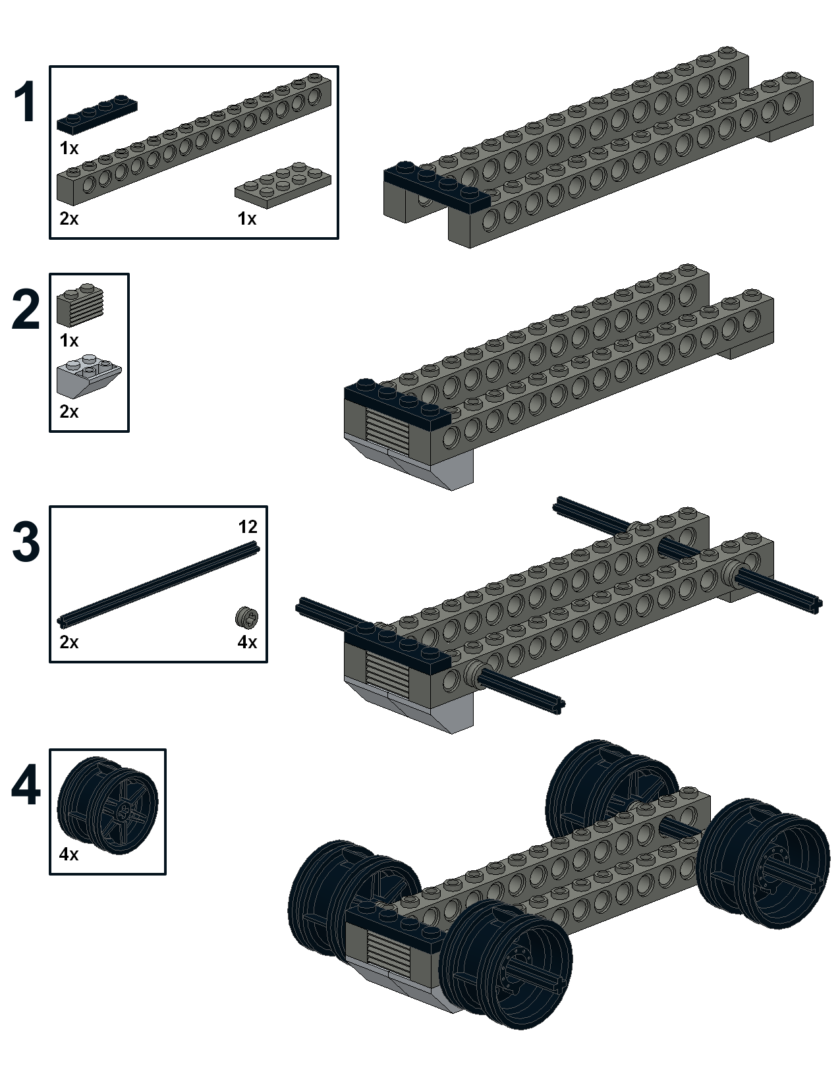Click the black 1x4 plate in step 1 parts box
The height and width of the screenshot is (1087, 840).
[97, 113]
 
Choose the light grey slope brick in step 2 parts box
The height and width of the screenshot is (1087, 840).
[89, 377]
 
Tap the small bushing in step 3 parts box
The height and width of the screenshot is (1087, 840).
[246, 617]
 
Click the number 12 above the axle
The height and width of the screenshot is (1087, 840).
[248, 526]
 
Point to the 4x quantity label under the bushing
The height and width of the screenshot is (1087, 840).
[247, 642]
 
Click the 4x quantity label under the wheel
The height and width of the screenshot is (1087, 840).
[69, 854]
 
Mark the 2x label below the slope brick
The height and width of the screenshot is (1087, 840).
[69, 412]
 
